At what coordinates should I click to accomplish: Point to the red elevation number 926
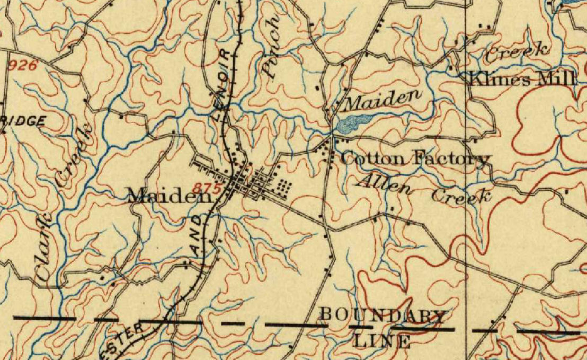(x=24, y=66)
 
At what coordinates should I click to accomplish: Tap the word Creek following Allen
(x=461, y=196)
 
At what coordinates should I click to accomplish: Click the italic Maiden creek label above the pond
(x=380, y=98)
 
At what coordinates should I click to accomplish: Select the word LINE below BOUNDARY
(x=383, y=340)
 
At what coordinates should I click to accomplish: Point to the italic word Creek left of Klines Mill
(x=517, y=51)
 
